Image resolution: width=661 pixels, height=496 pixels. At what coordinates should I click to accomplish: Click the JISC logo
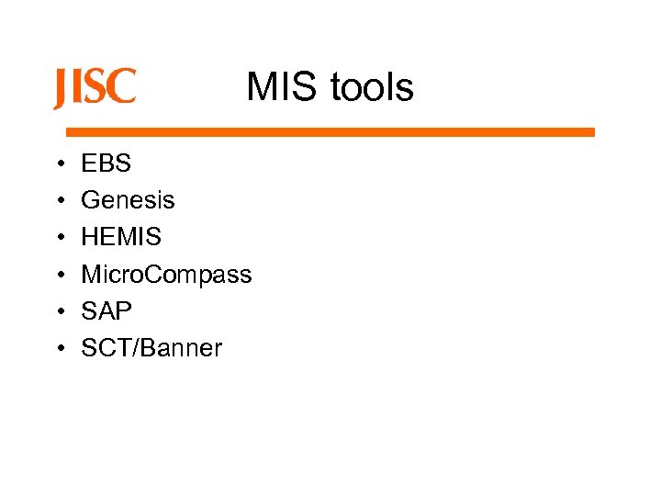click(95, 88)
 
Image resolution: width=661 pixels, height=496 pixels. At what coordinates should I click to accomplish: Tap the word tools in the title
click(371, 88)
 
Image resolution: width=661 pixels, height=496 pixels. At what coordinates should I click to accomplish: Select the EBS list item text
click(106, 163)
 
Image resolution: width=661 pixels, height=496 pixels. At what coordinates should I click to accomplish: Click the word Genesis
click(128, 200)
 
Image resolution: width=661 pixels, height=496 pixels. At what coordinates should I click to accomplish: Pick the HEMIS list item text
click(121, 237)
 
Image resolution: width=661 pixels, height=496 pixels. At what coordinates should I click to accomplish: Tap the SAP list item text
click(106, 310)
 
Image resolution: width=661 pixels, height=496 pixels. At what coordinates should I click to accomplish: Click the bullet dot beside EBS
click(59, 164)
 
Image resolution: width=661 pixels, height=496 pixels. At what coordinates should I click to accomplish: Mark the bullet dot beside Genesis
click(59, 201)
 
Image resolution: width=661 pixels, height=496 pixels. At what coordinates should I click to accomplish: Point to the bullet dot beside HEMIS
click(59, 238)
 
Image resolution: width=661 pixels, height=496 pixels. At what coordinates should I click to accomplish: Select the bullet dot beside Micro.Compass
click(59, 275)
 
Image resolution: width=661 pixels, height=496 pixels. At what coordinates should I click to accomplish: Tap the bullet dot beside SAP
click(59, 311)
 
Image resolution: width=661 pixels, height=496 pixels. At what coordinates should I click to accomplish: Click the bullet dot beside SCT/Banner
click(59, 348)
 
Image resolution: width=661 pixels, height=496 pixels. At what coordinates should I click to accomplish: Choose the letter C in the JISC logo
click(121, 88)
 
